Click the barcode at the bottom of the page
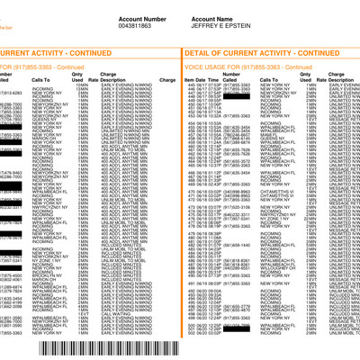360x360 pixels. click(118, 349)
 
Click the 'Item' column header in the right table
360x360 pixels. click(189, 80)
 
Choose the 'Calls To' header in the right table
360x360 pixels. click(271, 80)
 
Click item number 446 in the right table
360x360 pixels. click(190, 85)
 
